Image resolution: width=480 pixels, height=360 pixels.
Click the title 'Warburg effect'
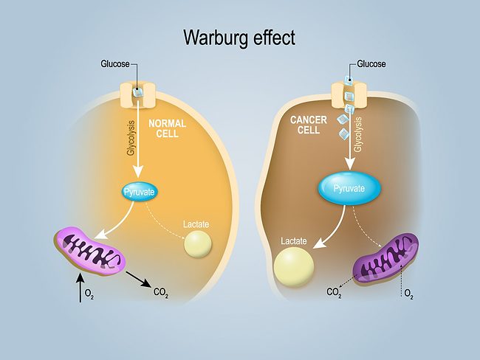pos(240,36)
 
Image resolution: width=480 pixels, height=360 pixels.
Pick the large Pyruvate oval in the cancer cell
pos(349,190)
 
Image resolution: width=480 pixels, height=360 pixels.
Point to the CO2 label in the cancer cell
pos(335,293)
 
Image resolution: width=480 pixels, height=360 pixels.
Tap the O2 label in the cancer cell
pos(408,294)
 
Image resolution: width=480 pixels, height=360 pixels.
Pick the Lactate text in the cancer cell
pos(293,240)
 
